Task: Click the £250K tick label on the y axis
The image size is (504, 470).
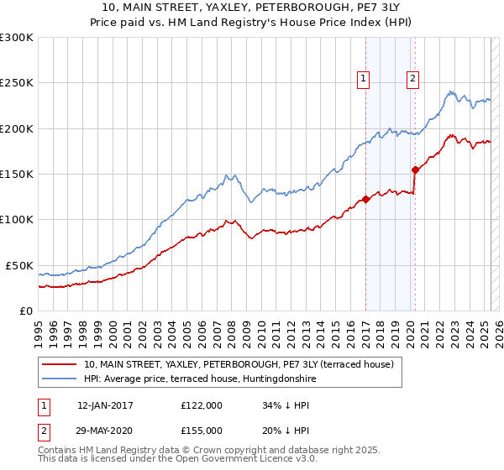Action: coord(17,83)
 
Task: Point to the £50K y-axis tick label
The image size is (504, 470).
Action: coord(19,265)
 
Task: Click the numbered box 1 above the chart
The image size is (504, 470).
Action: coord(365,80)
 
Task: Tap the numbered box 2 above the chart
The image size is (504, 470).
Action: coord(413,80)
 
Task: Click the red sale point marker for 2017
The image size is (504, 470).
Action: coord(365,200)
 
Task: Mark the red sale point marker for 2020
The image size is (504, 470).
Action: coord(415,170)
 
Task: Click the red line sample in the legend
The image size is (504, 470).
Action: coord(60,364)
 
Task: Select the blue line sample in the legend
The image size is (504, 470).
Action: coord(60,378)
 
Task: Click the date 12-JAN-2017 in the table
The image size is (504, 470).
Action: coord(105,405)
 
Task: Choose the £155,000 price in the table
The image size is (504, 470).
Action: coord(202,430)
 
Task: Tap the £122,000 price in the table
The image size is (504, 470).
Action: coord(202,405)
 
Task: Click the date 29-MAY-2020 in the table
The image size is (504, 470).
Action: coord(105,430)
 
